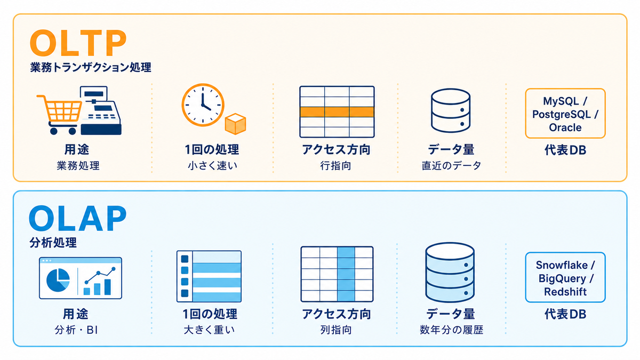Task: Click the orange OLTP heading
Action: [78, 43]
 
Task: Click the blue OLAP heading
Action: [78, 218]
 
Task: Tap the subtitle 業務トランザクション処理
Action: [91, 67]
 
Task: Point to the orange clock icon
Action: [203, 105]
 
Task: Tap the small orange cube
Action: [235, 124]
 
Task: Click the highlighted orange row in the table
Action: [337, 112]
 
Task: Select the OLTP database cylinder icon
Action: [451, 110]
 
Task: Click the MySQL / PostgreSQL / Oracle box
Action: [565, 114]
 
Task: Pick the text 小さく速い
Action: [213, 166]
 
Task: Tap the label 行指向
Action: [335, 166]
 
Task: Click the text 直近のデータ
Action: [451, 166]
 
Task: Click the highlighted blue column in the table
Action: [346, 274]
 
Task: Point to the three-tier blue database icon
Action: [450, 273]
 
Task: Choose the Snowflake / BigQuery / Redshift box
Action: [565, 277]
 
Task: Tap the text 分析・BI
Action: [76, 330]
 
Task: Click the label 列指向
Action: [335, 330]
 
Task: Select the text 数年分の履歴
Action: [451, 330]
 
